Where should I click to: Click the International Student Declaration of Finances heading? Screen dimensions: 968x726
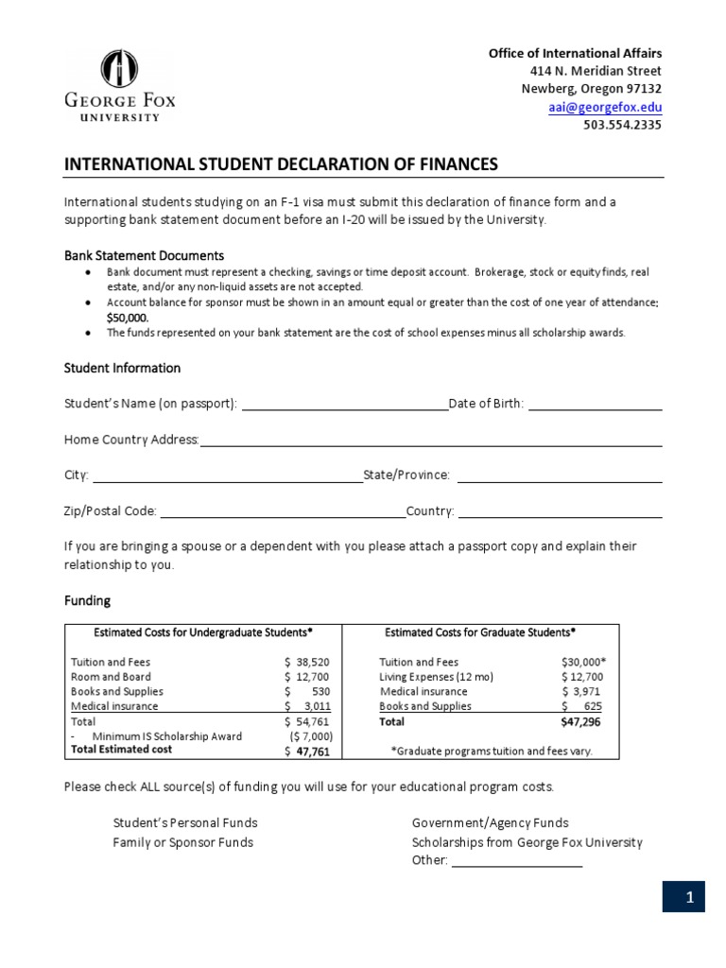280,164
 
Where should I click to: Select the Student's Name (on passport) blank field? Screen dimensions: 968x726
345,405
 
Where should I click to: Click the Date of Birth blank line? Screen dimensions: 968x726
595,405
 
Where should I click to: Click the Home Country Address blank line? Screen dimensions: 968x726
430,440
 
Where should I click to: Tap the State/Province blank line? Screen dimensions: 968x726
559,475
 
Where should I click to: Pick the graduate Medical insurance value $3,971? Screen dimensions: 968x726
582,692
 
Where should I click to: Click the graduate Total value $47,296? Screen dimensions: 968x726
581,721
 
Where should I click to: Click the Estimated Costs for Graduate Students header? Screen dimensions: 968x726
480,632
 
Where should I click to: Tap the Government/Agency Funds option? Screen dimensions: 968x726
490,823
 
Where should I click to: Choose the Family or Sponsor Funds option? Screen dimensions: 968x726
183,842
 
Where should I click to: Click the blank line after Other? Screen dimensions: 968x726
516,861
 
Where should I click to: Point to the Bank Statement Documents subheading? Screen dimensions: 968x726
144,255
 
